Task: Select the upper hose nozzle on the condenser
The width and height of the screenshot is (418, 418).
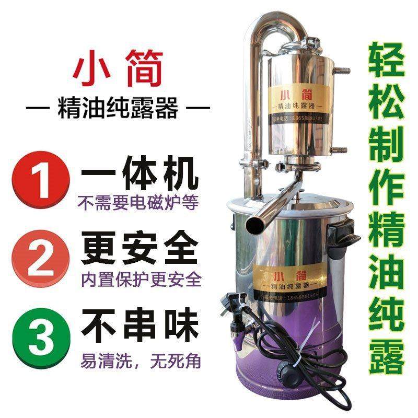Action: coord(338,68)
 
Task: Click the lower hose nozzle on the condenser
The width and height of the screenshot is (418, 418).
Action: coord(338,151)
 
